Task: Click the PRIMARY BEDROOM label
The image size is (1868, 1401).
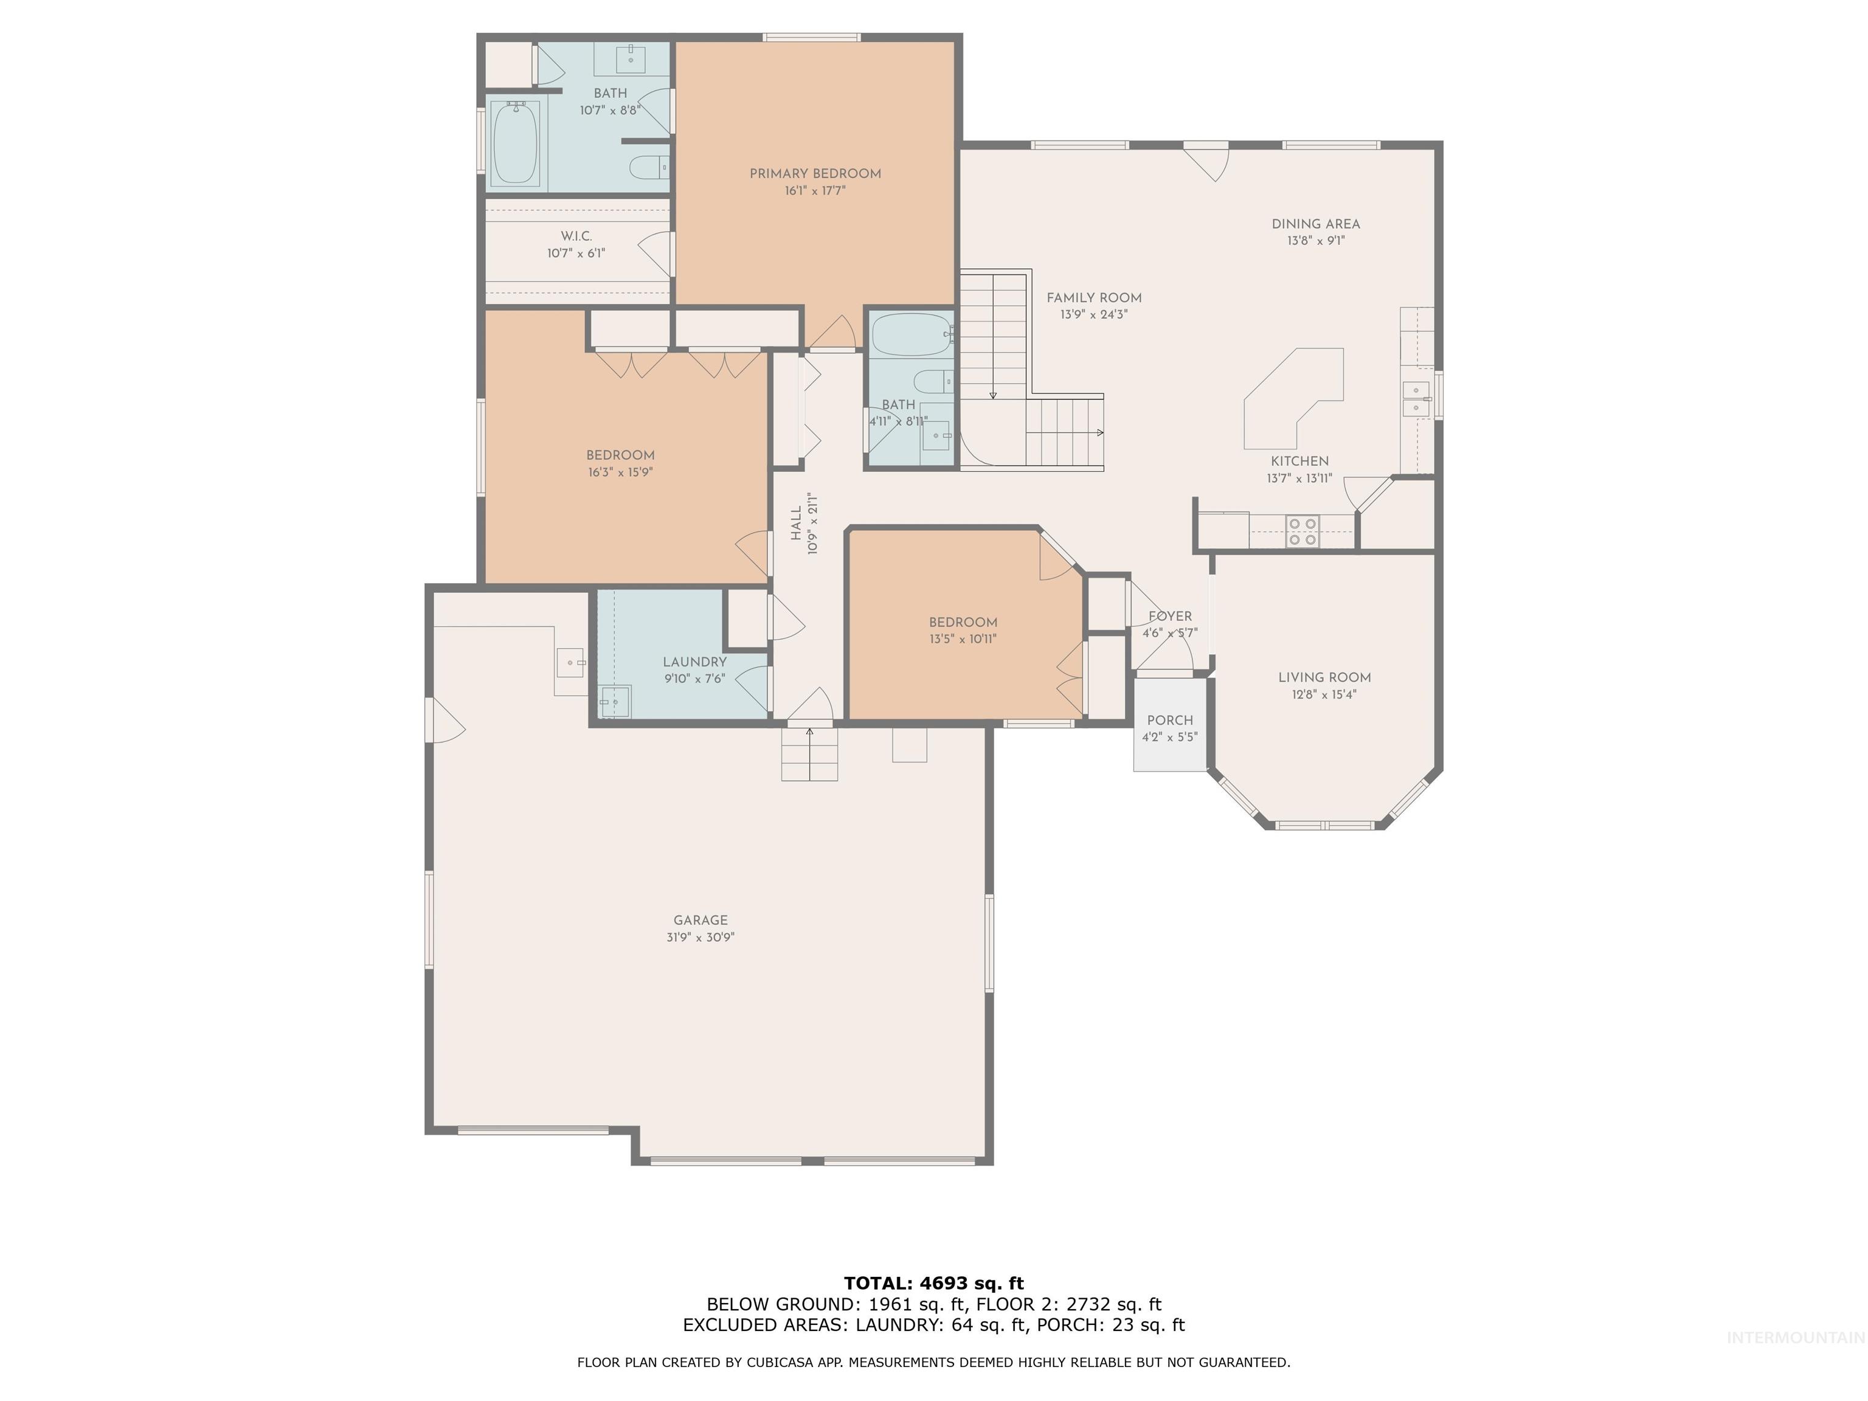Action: coord(815,174)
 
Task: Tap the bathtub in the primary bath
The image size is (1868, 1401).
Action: coord(515,143)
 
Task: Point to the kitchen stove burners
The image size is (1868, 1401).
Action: coord(1302,531)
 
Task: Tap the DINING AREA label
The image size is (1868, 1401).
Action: coord(1316,224)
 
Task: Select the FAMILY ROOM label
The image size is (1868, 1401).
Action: coord(1093,298)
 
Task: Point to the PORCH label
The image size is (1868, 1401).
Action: coord(1169,721)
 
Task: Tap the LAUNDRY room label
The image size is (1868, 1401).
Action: coord(694,662)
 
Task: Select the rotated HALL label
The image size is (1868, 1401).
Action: coord(795,524)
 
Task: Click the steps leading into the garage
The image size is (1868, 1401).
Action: coord(809,753)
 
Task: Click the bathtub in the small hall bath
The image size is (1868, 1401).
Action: coord(910,335)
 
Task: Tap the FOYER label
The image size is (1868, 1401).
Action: coord(1169,617)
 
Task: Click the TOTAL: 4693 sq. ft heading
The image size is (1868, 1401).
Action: coord(933,1284)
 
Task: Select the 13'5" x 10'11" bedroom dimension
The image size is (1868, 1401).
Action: coord(963,639)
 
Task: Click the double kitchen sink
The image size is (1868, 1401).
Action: coord(1416,399)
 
